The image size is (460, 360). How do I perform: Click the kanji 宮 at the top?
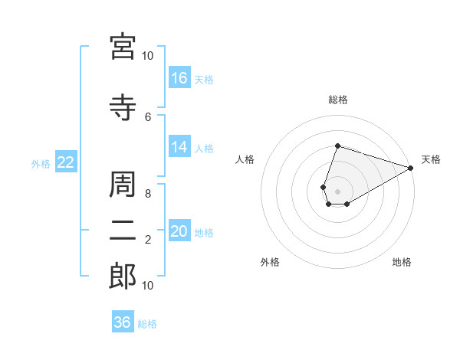123,47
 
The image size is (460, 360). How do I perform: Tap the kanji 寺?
123,107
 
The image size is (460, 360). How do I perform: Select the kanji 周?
123,185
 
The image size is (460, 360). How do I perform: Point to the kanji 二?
123,231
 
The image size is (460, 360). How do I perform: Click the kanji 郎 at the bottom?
123,277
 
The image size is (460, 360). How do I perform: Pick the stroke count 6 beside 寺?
148,117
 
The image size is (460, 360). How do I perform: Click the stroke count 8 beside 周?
148,194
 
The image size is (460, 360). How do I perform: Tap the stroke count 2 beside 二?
148,240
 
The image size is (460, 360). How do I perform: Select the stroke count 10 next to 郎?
147,286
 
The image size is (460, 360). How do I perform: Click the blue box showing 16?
179,77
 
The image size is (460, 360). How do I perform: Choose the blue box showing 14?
179,146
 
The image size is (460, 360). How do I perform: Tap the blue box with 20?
179,230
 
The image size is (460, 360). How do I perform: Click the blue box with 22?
66,162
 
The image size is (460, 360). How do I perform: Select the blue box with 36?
123,321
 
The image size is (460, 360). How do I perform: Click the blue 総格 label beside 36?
147,324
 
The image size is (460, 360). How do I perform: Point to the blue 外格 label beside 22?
41,164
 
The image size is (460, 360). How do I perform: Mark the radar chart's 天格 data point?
411,168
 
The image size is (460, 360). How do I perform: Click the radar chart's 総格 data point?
337,146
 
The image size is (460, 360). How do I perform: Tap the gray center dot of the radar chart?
337,191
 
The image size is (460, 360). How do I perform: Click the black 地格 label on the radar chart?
402,262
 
